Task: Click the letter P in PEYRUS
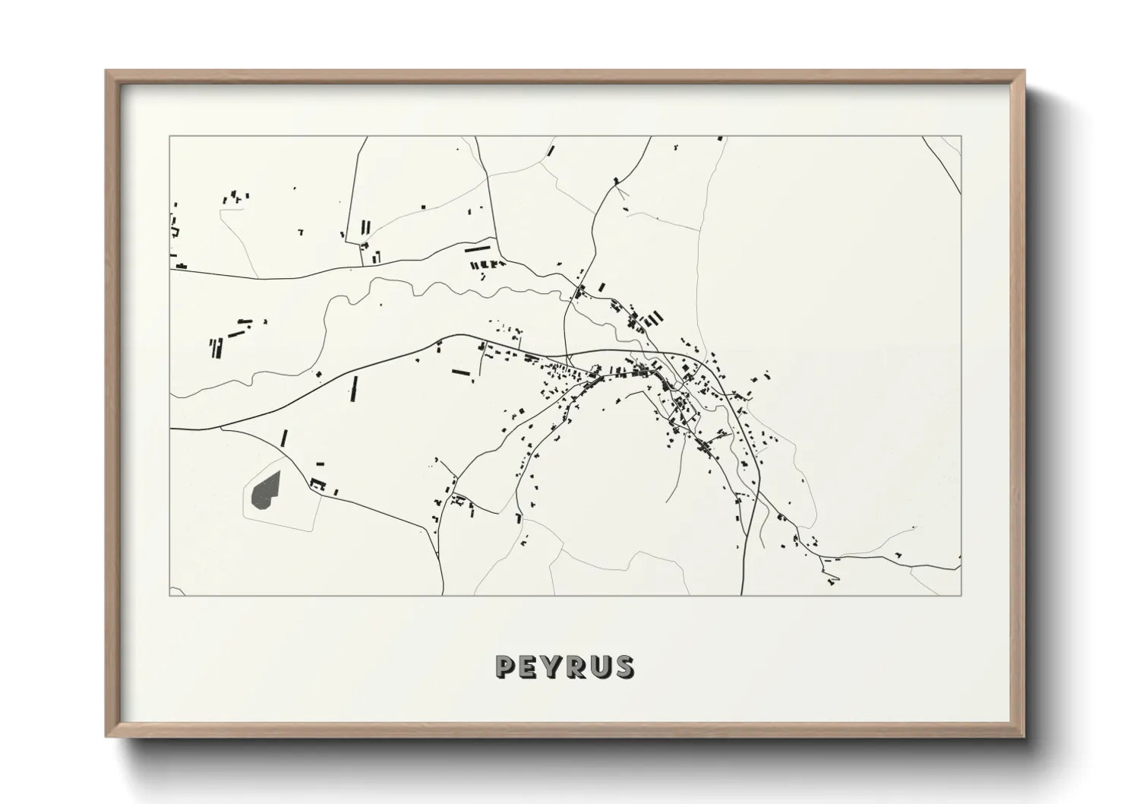coord(506,666)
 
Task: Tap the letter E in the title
coord(531,666)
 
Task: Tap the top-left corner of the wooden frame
coord(107,71)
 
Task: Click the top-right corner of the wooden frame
coord(1023,71)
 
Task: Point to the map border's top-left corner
coord(169,137)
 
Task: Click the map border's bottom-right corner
coord(961,595)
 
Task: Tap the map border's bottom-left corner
coord(169,595)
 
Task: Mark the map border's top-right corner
coord(961,137)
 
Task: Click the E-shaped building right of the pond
coord(317,483)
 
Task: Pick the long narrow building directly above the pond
coord(285,438)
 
